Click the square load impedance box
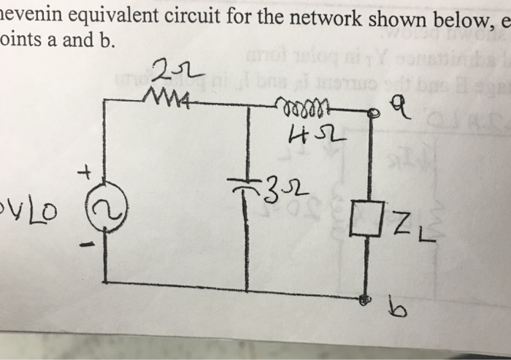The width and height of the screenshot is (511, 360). [364, 221]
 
